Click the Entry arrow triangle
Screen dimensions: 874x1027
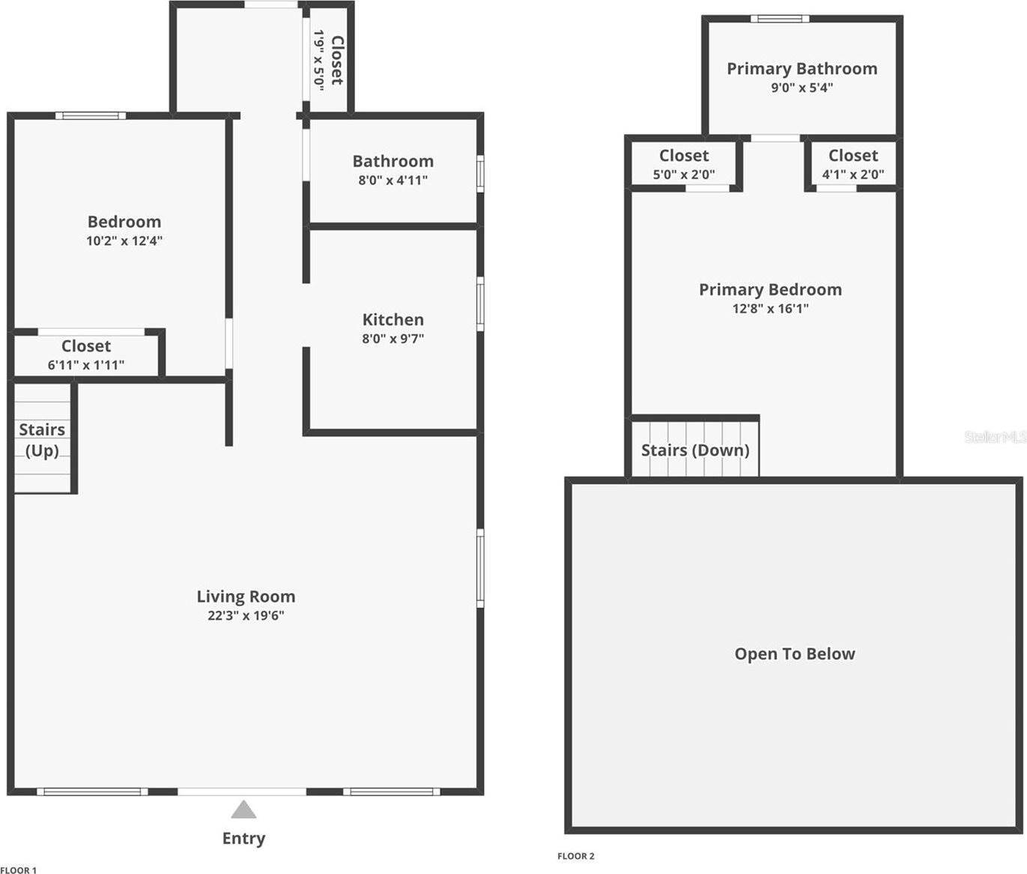pos(243,810)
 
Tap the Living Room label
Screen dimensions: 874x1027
pos(246,597)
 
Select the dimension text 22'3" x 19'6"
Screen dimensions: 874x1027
pos(246,616)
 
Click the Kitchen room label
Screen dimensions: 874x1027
pos(393,320)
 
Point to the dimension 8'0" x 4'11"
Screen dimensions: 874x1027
pos(393,181)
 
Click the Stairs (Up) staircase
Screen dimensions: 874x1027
pos(42,439)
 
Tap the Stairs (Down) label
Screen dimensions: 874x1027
pos(695,450)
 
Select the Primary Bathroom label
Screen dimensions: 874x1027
pos(802,69)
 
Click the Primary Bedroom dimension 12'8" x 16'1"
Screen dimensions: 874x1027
pos(770,309)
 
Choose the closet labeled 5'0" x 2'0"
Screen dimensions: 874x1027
pos(683,164)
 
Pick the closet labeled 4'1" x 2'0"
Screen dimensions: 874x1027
pos(852,164)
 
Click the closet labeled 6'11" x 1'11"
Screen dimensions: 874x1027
pos(86,355)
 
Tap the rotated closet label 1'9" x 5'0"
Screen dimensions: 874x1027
pos(328,60)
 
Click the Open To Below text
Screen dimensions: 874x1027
pos(794,654)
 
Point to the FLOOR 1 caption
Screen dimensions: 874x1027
pos(19,870)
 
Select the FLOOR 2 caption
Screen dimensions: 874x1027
pos(575,856)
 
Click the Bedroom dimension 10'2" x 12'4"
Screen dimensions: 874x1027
pos(124,241)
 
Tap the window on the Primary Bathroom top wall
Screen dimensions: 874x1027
pos(779,19)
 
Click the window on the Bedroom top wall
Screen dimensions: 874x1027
pos(90,115)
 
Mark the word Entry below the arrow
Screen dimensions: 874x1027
pos(243,839)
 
